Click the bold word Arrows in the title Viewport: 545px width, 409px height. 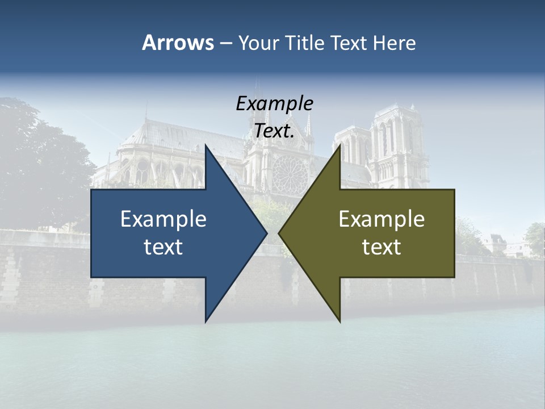(x=178, y=43)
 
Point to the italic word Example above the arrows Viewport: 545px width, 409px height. (x=274, y=104)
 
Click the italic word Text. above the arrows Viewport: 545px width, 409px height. (x=274, y=131)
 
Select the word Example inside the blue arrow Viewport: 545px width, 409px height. (x=163, y=219)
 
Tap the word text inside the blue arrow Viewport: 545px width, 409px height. (x=163, y=247)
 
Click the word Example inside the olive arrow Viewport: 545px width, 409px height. (x=381, y=219)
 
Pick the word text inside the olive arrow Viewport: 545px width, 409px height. (x=381, y=247)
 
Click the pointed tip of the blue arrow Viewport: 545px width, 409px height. (x=266, y=233)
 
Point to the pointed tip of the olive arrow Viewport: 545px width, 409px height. (x=279, y=233)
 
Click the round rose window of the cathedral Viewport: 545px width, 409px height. (x=289, y=173)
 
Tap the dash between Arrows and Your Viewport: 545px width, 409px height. (x=225, y=43)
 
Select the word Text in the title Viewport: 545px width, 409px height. (x=350, y=43)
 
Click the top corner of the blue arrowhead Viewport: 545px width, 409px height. (x=206, y=145)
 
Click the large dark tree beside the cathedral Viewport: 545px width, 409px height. (x=40, y=165)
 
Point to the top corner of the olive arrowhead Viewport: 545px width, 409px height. (x=339, y=145)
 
